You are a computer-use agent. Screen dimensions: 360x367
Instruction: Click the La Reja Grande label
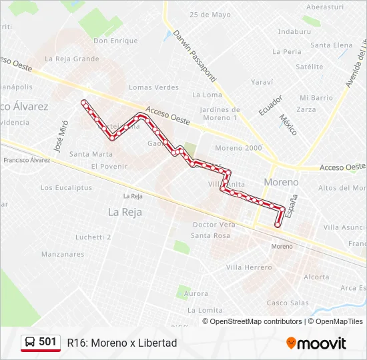(72, 59)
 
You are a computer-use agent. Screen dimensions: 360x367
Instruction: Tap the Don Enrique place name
(115, 41)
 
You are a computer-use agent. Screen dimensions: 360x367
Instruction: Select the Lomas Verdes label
(154, 87)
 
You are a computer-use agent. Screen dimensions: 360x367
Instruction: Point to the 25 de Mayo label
(210, 15)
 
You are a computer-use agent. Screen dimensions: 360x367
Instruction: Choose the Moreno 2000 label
(238, 148)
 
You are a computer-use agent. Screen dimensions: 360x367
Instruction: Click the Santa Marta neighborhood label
(91, 154)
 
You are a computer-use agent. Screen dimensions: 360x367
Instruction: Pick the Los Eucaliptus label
(66, 188)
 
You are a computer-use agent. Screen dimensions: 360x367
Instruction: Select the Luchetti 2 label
(93, 237)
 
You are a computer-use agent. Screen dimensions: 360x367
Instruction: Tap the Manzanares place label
(63, 254)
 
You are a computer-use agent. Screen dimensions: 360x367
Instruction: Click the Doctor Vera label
(214, 225)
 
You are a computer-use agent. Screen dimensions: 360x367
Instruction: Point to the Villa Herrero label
(249, 267)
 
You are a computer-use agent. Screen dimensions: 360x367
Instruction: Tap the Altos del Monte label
(342, 188)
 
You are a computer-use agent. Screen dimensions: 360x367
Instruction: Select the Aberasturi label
(324, 7)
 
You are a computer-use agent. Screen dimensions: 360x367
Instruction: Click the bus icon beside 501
(31, 343)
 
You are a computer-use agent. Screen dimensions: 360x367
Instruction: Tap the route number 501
(47, 342)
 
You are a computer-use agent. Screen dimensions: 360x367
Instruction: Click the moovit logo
(316, 343)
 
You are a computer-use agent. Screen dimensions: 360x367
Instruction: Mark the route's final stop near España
(278, 225)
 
